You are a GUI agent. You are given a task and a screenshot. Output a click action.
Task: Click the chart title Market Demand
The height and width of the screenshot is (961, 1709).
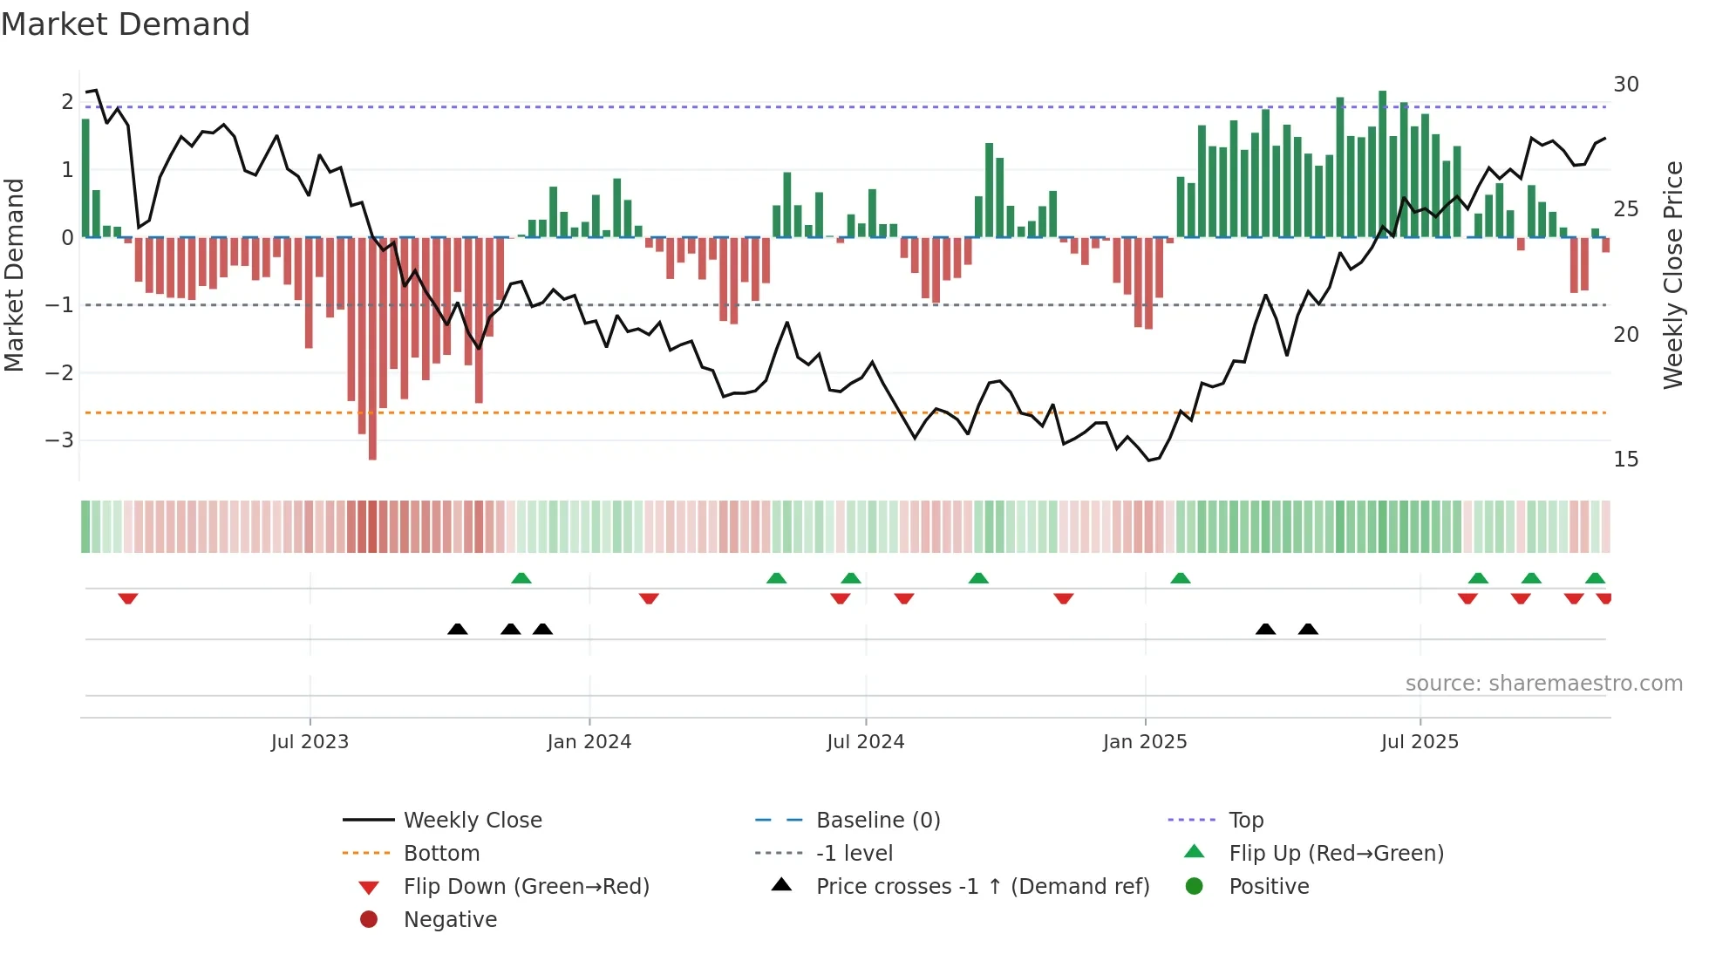pos(126,24)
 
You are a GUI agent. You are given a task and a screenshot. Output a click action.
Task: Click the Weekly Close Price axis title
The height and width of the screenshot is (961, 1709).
pos(1672,275)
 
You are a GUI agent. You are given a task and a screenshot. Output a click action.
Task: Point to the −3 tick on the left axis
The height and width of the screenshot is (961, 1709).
pos(59,440)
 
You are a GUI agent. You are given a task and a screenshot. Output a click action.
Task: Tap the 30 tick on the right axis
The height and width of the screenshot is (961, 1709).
pos(1625,85)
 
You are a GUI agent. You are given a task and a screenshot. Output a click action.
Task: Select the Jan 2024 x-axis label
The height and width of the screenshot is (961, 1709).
pos(589,742)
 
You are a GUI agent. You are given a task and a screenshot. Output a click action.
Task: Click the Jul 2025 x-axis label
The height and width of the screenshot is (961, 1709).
pos(1419,742)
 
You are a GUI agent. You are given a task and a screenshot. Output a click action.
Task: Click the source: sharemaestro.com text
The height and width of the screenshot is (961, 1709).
pos(1543,684)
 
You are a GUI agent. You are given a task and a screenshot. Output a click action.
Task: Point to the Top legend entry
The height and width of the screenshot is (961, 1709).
pos(1245,821)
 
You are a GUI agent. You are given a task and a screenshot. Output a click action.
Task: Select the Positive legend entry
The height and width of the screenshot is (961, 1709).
pos(1268,887)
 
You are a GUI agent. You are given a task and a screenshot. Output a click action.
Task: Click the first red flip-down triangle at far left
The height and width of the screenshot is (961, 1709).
pos(128,598)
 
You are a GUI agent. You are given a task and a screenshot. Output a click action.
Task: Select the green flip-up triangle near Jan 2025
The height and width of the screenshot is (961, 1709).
pos(1180,578)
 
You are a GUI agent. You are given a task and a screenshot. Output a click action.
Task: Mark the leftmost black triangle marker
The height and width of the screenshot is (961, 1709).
pos(457,629)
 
